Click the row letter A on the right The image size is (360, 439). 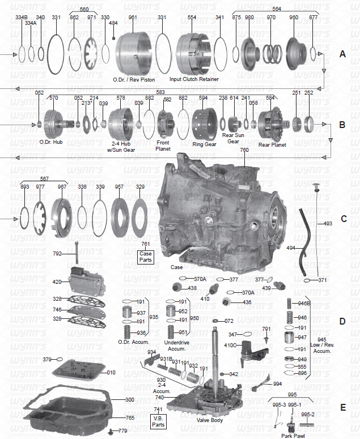click(x=342, y=54)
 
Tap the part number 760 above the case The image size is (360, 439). click(x=244, y=150)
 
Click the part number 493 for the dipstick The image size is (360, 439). click(x=328, y=224)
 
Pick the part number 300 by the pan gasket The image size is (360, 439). click(x=129, y=400)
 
